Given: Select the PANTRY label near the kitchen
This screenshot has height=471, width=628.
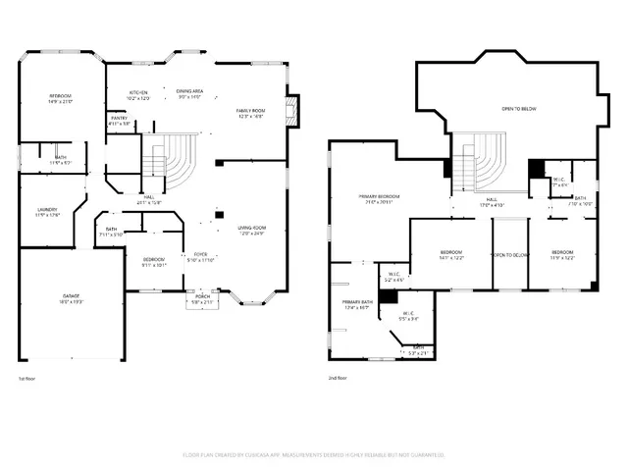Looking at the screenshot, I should tap(118, 121).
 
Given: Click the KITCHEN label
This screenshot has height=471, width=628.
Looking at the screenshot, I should tap(138, 95).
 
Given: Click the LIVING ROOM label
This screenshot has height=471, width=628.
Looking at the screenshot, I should tap(253, 231).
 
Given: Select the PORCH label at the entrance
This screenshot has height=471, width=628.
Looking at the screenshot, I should tap(202, 299).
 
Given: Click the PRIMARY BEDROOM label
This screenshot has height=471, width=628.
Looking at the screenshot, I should tap(378, 200).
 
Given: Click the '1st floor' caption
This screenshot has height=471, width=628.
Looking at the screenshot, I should tap(28, 378).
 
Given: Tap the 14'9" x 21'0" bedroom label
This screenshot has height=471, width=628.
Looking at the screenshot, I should tap(61, 99).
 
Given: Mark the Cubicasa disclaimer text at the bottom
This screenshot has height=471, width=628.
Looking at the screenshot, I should tap(314, 455).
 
